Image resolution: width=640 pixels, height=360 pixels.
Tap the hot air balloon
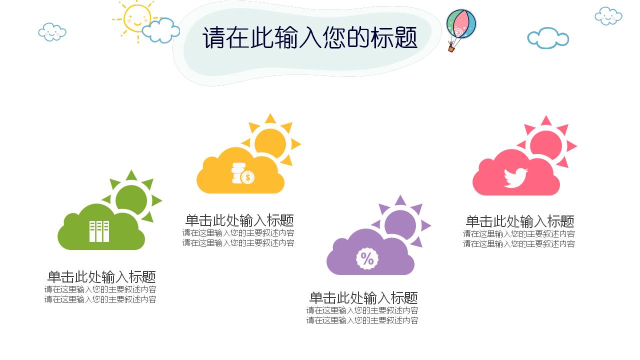(461, 25)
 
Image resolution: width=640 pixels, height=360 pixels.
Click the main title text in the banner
(310, 38)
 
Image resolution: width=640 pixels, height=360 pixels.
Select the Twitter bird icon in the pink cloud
(515, 177)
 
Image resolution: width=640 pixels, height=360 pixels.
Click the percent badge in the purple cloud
(367, 258)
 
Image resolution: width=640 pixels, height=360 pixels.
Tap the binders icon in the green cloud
(99, 231)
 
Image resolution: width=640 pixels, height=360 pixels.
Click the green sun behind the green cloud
(132, 199)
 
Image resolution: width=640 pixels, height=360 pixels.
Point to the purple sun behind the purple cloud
(401, 224)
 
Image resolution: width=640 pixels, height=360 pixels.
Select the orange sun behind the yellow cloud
(270, 142)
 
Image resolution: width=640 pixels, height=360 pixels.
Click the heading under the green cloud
(101, 276)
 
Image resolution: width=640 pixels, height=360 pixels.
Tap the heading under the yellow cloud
(239, 220)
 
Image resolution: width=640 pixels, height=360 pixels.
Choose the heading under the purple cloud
(363, 298)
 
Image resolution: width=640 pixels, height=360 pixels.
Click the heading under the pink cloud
(520, 221)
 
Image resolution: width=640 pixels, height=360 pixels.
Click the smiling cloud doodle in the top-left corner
(52, 32)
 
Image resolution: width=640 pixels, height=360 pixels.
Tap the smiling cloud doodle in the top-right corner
(608, 16)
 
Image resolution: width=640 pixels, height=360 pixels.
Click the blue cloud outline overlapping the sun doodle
(161, 30)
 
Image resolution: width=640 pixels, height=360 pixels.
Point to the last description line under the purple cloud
(362, 320)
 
